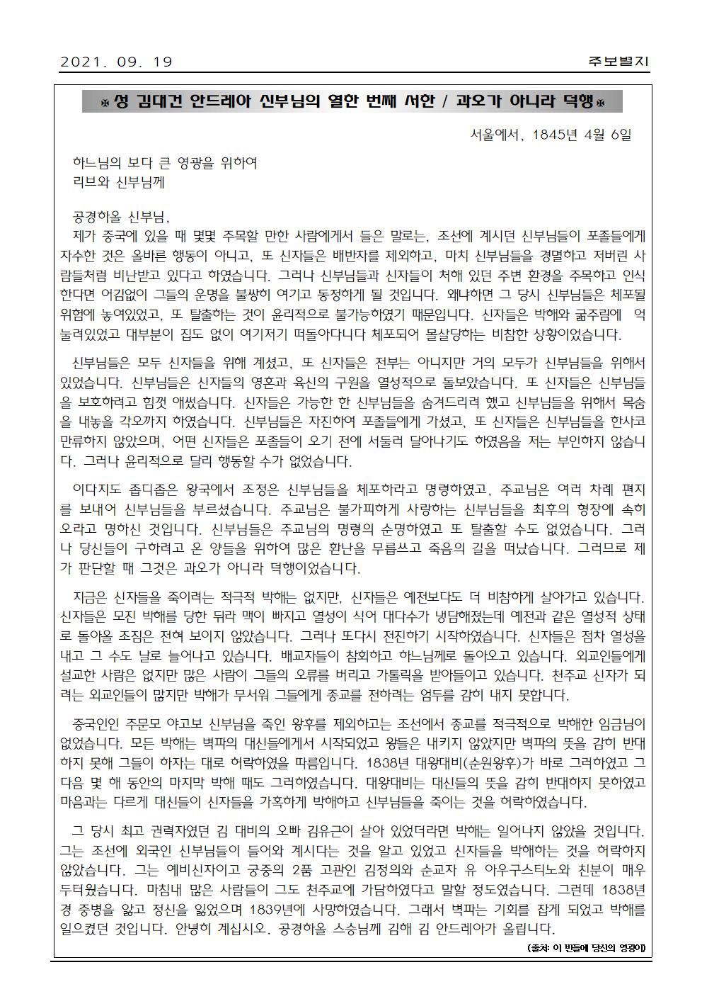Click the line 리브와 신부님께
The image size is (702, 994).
pyautogui.click(x=118, y=181)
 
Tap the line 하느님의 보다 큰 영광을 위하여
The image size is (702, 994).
pyautogui.click(x=166, y=163)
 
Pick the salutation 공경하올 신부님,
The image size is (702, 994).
pyautogui.click(x=121, y=218)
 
